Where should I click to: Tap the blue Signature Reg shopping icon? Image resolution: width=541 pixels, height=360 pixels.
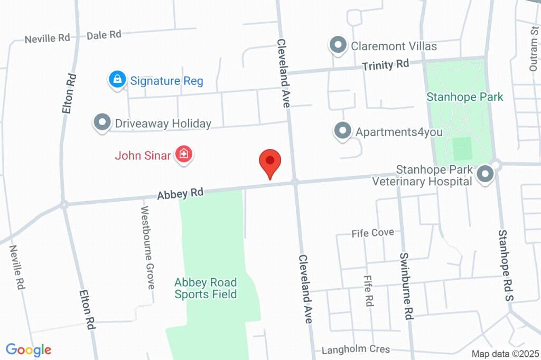(117, 80)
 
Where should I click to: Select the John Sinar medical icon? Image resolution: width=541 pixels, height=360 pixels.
(184, 155)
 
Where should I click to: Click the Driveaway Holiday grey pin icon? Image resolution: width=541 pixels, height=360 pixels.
(101, 122)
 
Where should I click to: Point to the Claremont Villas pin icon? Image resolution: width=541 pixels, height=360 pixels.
(337, 45)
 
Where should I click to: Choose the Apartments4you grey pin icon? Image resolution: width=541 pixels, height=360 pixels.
(343, 130)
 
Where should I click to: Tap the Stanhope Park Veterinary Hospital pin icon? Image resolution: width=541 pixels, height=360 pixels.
(484, 175)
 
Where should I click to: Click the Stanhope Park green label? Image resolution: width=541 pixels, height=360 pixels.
(465, 97)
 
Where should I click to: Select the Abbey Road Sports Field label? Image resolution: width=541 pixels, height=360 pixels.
(206, 288)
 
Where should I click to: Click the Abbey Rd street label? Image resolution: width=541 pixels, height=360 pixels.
(180, 194)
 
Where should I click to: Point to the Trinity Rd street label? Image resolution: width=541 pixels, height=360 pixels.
(386, 65)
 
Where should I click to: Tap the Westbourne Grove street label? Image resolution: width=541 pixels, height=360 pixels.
(147, 247)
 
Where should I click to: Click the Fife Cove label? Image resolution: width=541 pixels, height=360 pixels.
(373, 233)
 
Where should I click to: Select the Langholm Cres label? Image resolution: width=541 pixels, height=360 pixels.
(356, 349)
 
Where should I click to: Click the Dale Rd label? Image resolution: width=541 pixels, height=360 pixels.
(104, 35)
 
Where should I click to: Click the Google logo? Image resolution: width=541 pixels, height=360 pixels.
(29, 349)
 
